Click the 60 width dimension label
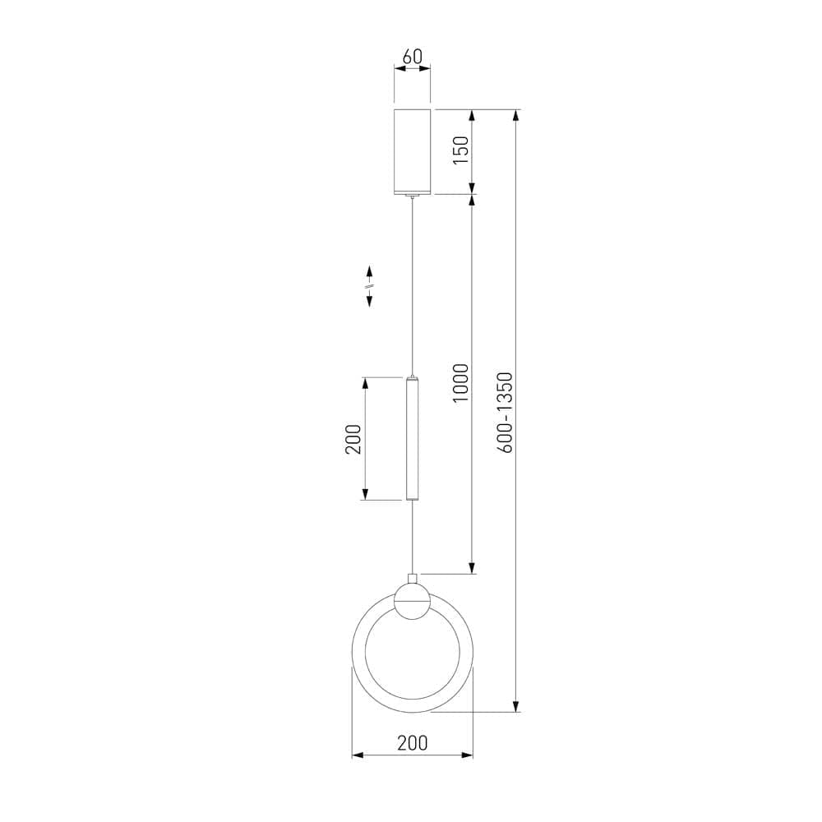click(x=412, y=56)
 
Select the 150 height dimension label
click(x=460, y=150)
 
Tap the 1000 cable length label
click(x=460, y=383)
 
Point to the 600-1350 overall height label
click(x=505, y=413)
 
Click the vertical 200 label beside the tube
click(x=353, y=439)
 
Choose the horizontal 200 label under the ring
click(x=412, y=743)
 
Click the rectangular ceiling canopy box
click(x=412, y=151)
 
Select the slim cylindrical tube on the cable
click(x=412, y=438)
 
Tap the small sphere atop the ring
click(x=412, y=602)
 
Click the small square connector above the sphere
click(x=412, y=579)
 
